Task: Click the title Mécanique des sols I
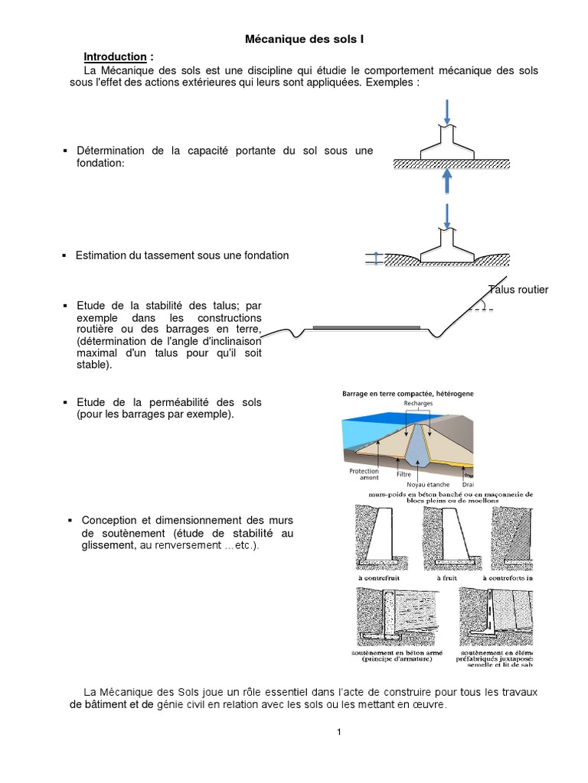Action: tap(293, 37)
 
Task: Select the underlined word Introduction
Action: tap(115, 57)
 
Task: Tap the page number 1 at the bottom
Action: tap(338, 732)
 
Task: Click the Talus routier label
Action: tap(518, 289)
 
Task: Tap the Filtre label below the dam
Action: tap(403, 474)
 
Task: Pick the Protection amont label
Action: tap(364, 475)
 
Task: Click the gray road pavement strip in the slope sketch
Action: tap(367, 327)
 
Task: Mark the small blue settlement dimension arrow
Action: tap(375, 259)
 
